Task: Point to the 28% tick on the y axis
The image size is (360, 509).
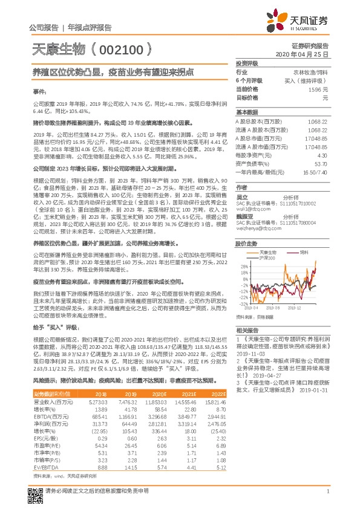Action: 244,265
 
